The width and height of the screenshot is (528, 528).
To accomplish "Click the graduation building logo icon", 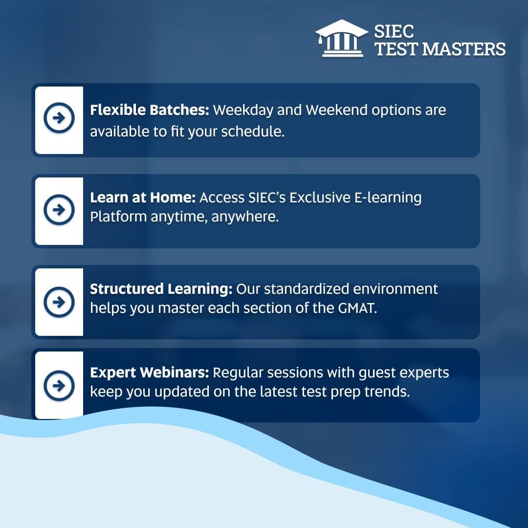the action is pyautogui.click(x=341, y=39).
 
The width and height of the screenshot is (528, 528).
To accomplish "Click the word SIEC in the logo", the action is pyautogui.click(x=394, y=32).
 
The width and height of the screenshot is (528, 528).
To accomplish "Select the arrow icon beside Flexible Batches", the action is pyautogui.click(x=59, y=118).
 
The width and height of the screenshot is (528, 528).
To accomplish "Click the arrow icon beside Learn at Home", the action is pyautogui.click(x=59, y=209).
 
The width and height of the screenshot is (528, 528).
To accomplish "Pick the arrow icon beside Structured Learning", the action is pyautogui.click(x=59, y=302).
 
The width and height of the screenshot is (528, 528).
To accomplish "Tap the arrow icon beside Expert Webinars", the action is pyautogui.click(x=59, y=386).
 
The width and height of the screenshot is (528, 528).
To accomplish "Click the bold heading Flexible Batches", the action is pyautogui.click(x=150, y=110).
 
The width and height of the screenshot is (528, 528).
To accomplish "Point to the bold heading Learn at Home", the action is pyautogui.click(x=143, y=198).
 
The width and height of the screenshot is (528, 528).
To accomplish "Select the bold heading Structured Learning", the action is pyautogui.click(x=161, y=289).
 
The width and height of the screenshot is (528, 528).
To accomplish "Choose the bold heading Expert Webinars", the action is pyautogui.click(x=150, y=373).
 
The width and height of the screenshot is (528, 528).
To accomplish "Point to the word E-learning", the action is pyautogui.click(x=388, y=198).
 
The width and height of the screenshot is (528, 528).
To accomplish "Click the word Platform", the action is pyautogui.click(x=118, y=217).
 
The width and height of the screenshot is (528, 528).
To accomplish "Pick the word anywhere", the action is pyautogui.click(x=245, y=217).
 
